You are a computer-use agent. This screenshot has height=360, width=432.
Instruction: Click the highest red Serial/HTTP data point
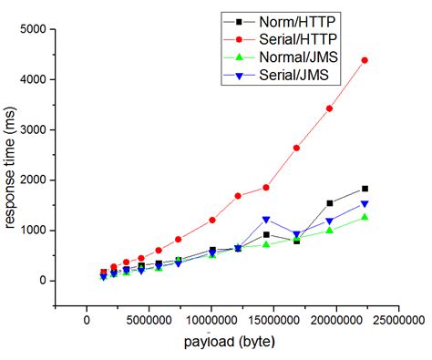(x=365, y=60)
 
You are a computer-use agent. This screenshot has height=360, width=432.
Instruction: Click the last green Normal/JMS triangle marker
(x=365, y=217)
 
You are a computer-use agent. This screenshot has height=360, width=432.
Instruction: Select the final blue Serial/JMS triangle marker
(x=365, y=204)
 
